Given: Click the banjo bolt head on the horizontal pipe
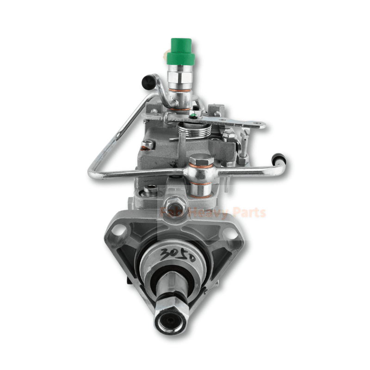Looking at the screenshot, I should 201,161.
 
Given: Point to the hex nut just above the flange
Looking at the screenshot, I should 175,202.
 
